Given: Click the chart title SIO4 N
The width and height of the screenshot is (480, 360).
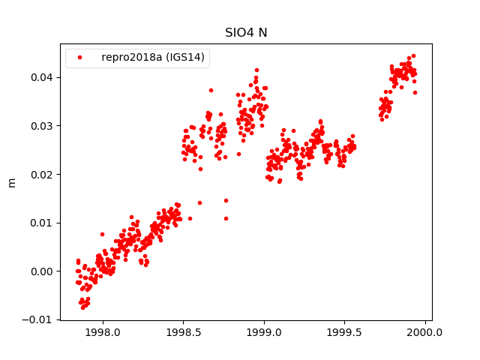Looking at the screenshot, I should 247,33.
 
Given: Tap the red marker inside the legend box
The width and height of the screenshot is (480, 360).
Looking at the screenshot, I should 81,58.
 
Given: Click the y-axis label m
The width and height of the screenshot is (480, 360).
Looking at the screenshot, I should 11,182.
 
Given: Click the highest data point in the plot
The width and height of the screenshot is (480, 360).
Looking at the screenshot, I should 413,55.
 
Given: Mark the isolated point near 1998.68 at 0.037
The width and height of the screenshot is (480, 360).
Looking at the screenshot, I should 211,90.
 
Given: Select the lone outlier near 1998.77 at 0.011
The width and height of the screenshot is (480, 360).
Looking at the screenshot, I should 226,218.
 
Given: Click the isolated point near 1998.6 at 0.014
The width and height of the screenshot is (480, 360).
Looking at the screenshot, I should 199,202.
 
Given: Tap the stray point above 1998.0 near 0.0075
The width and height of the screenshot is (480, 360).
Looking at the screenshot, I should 102,234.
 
